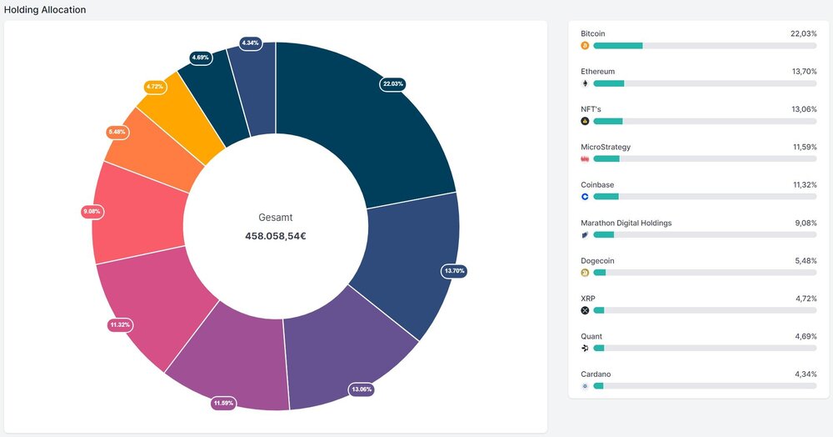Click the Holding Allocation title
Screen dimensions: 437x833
(x=45, y=9)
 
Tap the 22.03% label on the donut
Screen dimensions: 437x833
(x=392, y=84)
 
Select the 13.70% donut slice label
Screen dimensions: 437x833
(x=454, y=271)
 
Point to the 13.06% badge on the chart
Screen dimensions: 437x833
(x=362, y=389)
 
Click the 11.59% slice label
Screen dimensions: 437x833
(x=223, y=404)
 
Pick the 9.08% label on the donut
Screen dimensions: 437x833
(x=92, y=212)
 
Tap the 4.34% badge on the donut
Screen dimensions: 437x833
(x=250, y=43)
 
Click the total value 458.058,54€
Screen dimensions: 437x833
(x=275, y=236)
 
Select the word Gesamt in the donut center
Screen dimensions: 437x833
(x=275, y=218)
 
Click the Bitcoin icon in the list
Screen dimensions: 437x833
(x=585, y=46)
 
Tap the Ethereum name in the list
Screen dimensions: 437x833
(x=597, y=72)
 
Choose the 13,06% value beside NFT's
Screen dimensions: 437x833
(x=804, y=109)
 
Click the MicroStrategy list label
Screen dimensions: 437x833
(x=606, y=148)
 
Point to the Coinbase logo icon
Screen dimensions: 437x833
(x=585, y=197)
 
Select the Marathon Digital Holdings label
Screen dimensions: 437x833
(x=626, y=223)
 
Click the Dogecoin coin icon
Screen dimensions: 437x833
(x=585, y=273)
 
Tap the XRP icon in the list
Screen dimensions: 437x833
(x=585, y=310)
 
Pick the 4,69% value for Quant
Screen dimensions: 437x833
(x=806, y=337)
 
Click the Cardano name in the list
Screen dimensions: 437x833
(x=596, y=374)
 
